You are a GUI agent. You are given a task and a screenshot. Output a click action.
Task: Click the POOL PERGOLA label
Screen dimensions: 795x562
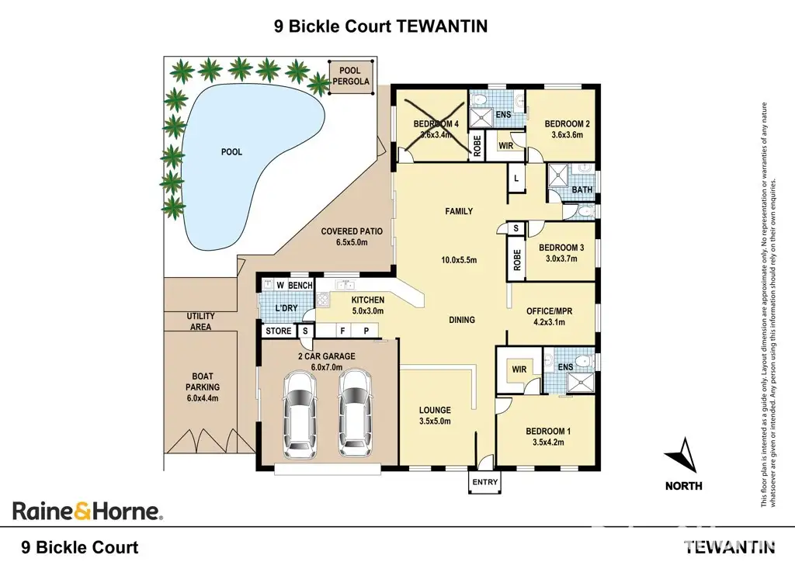tap(351, 76)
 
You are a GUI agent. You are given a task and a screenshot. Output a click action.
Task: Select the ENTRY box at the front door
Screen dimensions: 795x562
tap(484, 482)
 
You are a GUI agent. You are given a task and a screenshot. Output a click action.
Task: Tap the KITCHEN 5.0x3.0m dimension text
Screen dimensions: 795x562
tap(367, 311)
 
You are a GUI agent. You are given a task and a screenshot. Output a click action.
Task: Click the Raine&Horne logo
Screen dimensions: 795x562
tap(87, 510)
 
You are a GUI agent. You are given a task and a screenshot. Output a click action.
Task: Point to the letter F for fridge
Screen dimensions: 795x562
tap(342, 331)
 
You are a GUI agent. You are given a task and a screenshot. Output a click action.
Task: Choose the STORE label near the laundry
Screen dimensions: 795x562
tap(279, 331)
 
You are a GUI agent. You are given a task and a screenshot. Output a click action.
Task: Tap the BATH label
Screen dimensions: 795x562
tap(581, 189)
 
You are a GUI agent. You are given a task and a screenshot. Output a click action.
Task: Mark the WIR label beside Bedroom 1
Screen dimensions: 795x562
tap(519, 369)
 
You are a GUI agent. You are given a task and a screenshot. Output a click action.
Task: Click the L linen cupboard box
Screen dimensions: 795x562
tap(517, 179)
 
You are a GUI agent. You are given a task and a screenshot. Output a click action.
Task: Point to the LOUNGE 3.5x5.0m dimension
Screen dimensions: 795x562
tap(435, 421)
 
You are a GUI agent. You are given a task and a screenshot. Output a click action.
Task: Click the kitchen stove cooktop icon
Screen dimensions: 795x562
tap(323, 300)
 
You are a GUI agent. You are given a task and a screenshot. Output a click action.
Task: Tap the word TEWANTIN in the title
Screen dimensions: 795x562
tap(441, 26)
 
